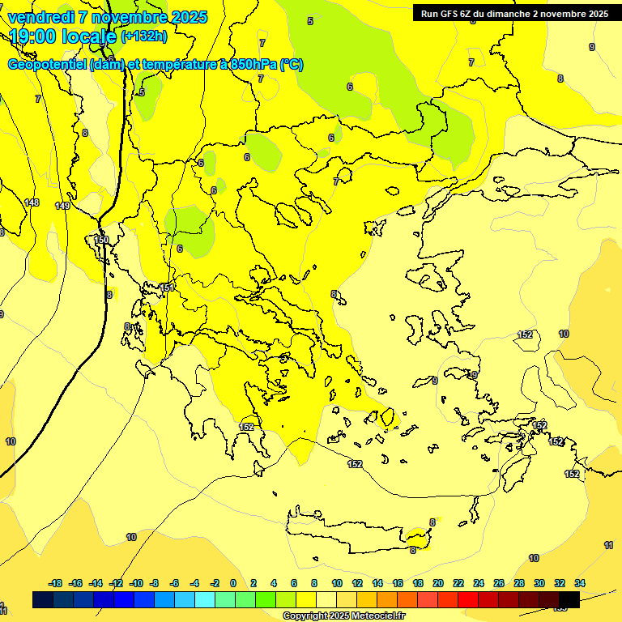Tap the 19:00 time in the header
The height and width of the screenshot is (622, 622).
pyautogui.click(x=37, y=36)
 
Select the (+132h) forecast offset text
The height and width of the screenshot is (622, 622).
pyautogui.click(x=144, y=36)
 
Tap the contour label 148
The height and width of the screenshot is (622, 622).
pyautogui.click(x=32, y=202)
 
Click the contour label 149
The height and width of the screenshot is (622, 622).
pyautogui.click(x=62, y=206)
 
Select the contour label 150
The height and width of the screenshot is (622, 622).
pyautogui.click(x=101, y=240)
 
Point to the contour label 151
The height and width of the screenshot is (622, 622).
pyautogui.click(x=167, y=288)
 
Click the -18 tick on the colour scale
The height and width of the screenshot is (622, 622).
pyautogui.click(x=55, y=583)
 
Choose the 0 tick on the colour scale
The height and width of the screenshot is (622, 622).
pyautogui.click(x=233, y=583)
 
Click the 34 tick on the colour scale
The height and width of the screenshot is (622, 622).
pyautogui.click(x=580, y=583)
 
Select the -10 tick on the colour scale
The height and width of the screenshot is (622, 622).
pyautogui.click(x=136, y=583)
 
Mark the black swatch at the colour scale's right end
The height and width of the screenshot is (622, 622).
pyautogui.click(x=569, y=600)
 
